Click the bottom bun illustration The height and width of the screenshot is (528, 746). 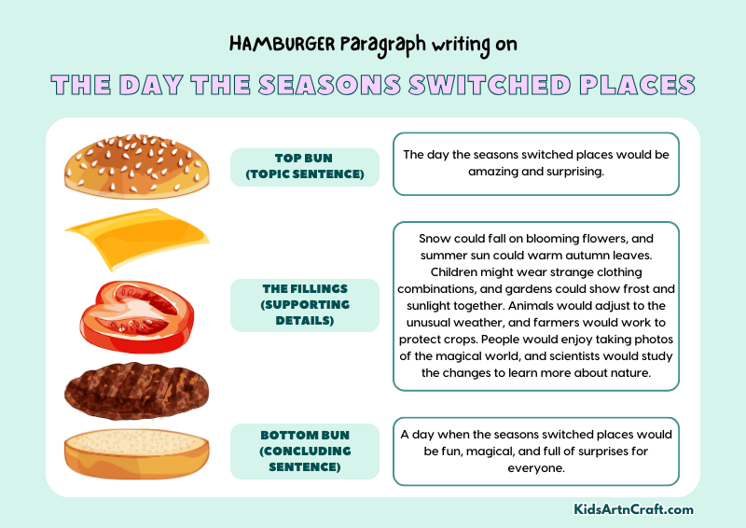pyautogui.click(x=136, y=453)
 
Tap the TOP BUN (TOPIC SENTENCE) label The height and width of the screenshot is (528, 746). pyautogui.click(x=305, y=166)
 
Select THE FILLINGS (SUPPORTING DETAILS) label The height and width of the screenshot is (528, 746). pyautogui.click(x=305, y=305)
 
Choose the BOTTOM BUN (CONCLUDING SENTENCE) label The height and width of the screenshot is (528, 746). pyautogui.click(x=305, y=451)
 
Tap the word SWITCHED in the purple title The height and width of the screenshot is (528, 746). pyautogui.click(x=490, y=85)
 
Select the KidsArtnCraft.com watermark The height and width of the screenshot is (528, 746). pyautogui.click(x=633, y=509)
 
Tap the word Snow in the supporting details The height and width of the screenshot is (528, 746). pyautogui.click(x=435, y=238)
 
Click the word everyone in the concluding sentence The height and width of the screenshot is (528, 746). pyautogui.click(x=536, y=467)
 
